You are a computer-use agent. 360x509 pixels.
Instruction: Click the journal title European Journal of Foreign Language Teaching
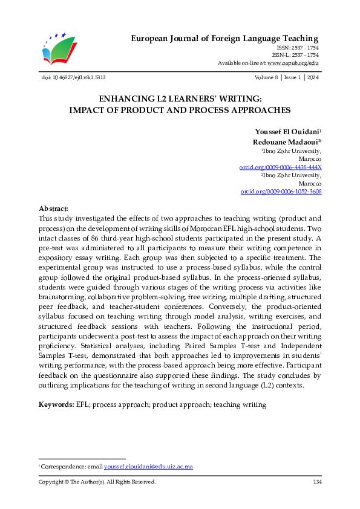(x=225, y=39)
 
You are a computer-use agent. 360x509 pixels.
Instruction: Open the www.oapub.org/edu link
(x=293, y=62)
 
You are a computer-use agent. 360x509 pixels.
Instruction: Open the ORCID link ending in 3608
(x=281, y=192)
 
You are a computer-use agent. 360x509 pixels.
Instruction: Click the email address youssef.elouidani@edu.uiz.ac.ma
(x=148, y=467)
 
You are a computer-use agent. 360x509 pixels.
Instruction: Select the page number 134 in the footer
(x=316, y=482)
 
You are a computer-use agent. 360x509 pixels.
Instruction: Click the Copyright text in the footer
(x=97, y=482)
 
